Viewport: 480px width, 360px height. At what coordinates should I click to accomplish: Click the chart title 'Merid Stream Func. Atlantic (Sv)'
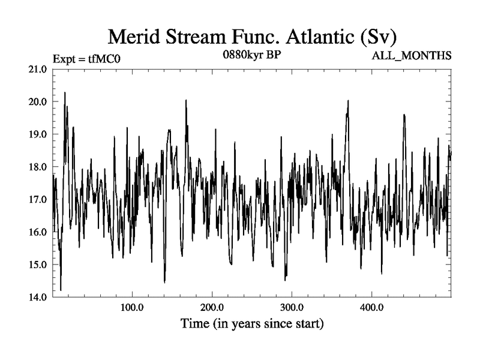tap(252, 37)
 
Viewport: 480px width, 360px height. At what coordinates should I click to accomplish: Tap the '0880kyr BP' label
tap(251, 53)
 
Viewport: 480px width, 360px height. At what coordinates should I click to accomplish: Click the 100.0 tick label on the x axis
tap(131, 308)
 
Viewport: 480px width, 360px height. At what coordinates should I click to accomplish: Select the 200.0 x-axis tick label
tap(212, 308)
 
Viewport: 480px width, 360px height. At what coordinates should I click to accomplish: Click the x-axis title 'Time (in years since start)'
tap(252, 325)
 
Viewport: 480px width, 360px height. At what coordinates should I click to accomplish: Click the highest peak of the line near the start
tap(65, 92)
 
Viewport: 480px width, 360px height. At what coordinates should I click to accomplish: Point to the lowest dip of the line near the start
tap(61, 290)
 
